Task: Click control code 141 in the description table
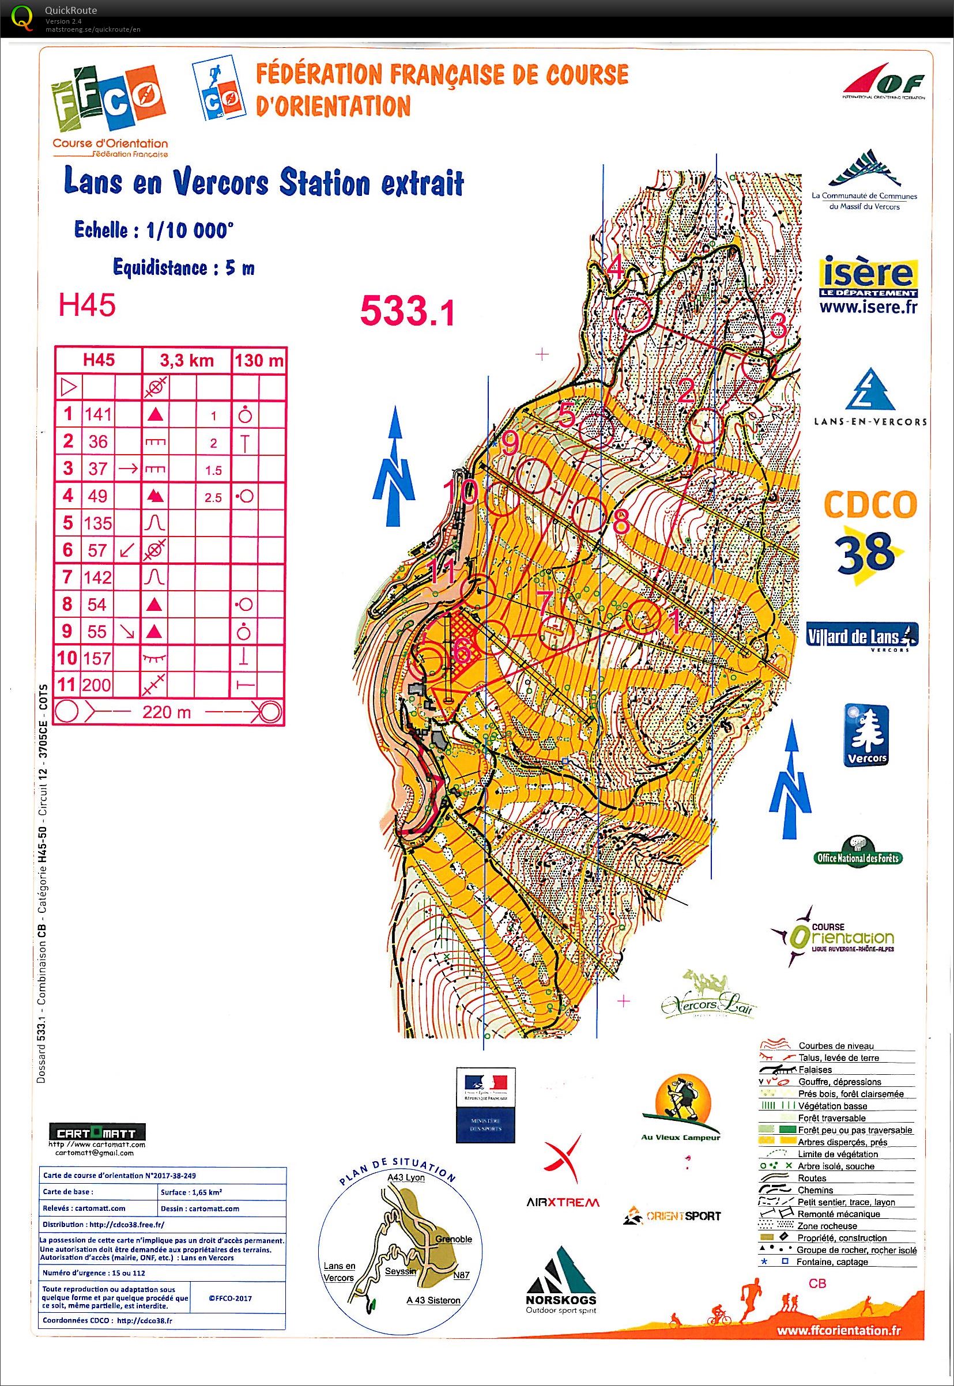tap(98, 414)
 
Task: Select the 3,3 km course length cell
tap(186, 360)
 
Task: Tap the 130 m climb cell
tap(258, 360)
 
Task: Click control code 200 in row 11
tap(97, 684)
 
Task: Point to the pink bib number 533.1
tap(407, 311)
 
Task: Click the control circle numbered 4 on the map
tap(632, 315)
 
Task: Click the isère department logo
tap(868, 285)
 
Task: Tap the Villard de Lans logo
tap(861, 636)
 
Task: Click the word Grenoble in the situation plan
tap(453, 1240)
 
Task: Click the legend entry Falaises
tap(815, 1069)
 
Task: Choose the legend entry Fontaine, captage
tap(831, 1262)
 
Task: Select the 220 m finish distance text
tap(167, 712)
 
